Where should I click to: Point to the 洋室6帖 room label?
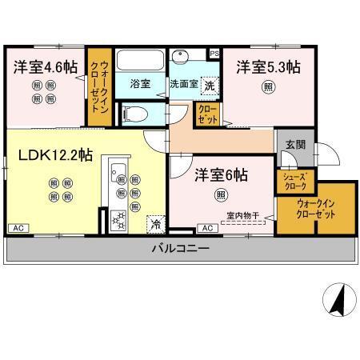coord(218,174)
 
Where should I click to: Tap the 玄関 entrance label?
coord(294,145)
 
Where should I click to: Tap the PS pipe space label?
coord(214,53)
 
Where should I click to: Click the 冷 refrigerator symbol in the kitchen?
coord(155,225)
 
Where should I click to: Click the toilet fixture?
coord(137,112)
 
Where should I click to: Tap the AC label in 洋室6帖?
coord(206,228)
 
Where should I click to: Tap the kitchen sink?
coord(117,172)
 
